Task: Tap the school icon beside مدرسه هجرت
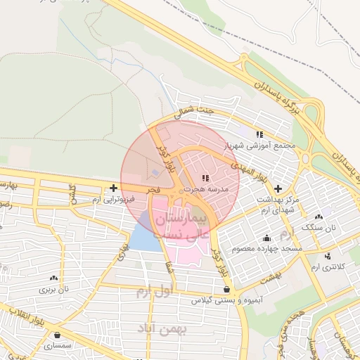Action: point(205,178)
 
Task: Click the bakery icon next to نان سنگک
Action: point(320,217)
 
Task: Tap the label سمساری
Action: point(53,345)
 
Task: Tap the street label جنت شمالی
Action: point(193,111)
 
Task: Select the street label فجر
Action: point(155,191)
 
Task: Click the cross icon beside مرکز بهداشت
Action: point(279,188)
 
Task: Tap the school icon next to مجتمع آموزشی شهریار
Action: point(259,134)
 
